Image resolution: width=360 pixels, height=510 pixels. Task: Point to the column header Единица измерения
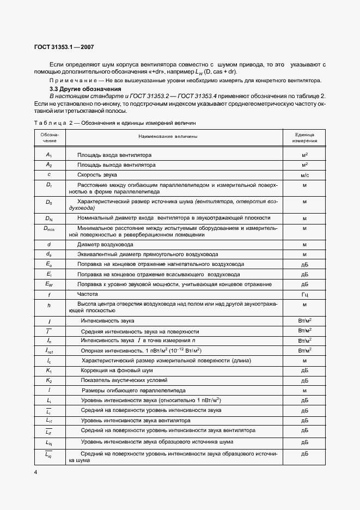pos(304,137)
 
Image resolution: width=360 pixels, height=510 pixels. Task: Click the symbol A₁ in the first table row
pos(49,155)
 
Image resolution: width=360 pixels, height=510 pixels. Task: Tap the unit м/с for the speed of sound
pos(304,175)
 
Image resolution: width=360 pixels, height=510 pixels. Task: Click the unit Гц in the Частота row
pos(304,294)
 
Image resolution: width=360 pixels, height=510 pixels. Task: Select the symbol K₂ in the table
pos(49,380)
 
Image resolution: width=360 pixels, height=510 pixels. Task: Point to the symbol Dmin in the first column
pos(49,228)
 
